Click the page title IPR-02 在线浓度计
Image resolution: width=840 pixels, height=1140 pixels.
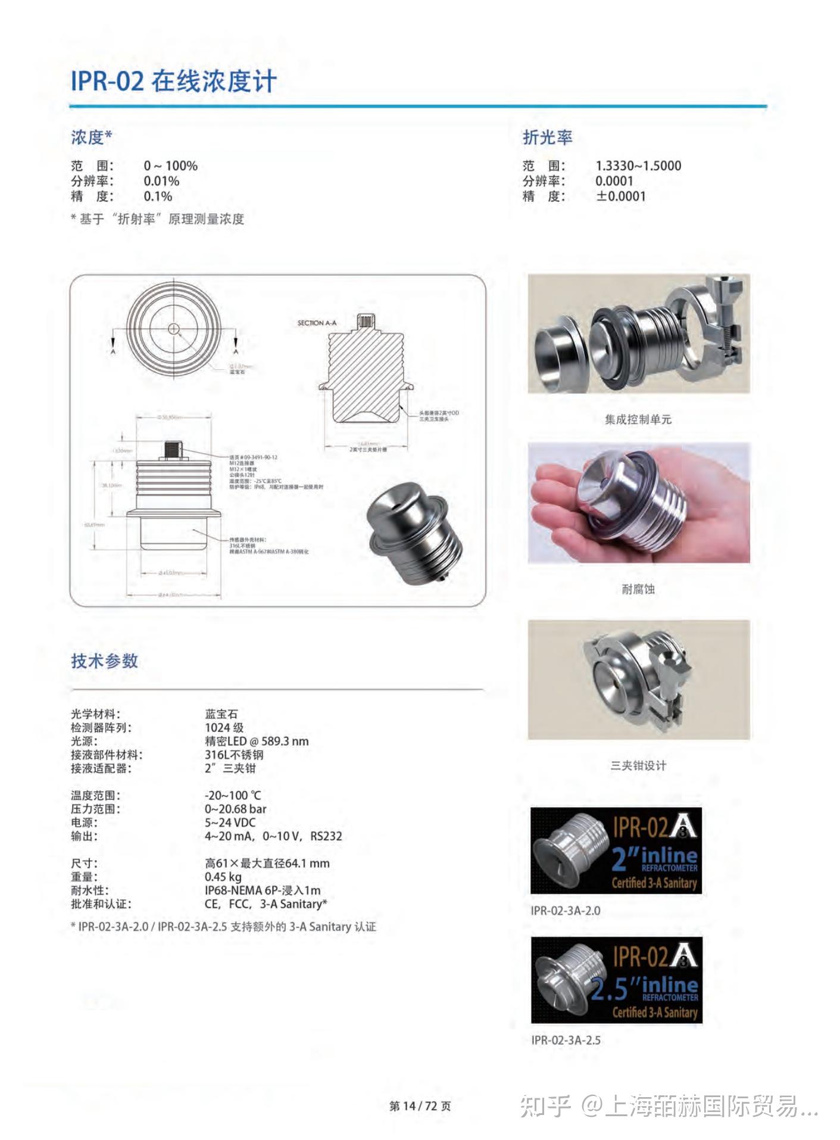[x=173, y=81]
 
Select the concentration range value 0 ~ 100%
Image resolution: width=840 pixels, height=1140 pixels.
[x=170, y=166]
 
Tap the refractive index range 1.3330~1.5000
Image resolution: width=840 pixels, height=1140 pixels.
[x=638, y=166]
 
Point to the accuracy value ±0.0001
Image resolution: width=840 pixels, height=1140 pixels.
[x=620, y=197]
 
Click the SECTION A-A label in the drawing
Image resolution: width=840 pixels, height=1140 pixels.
[x=317, y=323]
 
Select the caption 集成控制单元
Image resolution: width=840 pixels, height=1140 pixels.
[x=638, y=419]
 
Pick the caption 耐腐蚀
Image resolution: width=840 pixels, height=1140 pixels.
[x=638, y=589]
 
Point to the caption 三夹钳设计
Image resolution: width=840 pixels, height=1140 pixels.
[x=638, y=765]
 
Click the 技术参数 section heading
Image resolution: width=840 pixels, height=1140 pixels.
[x=105, y=661]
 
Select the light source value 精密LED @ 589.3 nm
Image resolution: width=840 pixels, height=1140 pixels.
[x=257, y=741]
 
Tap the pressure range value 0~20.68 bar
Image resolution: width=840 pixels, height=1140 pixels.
[x=235, y=809]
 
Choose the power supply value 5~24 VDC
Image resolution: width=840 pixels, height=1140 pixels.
[x=230, y=823]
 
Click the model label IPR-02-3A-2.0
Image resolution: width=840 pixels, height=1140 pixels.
[x=565, y=911]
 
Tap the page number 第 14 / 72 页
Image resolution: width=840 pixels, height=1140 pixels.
[x=420, y=1106]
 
